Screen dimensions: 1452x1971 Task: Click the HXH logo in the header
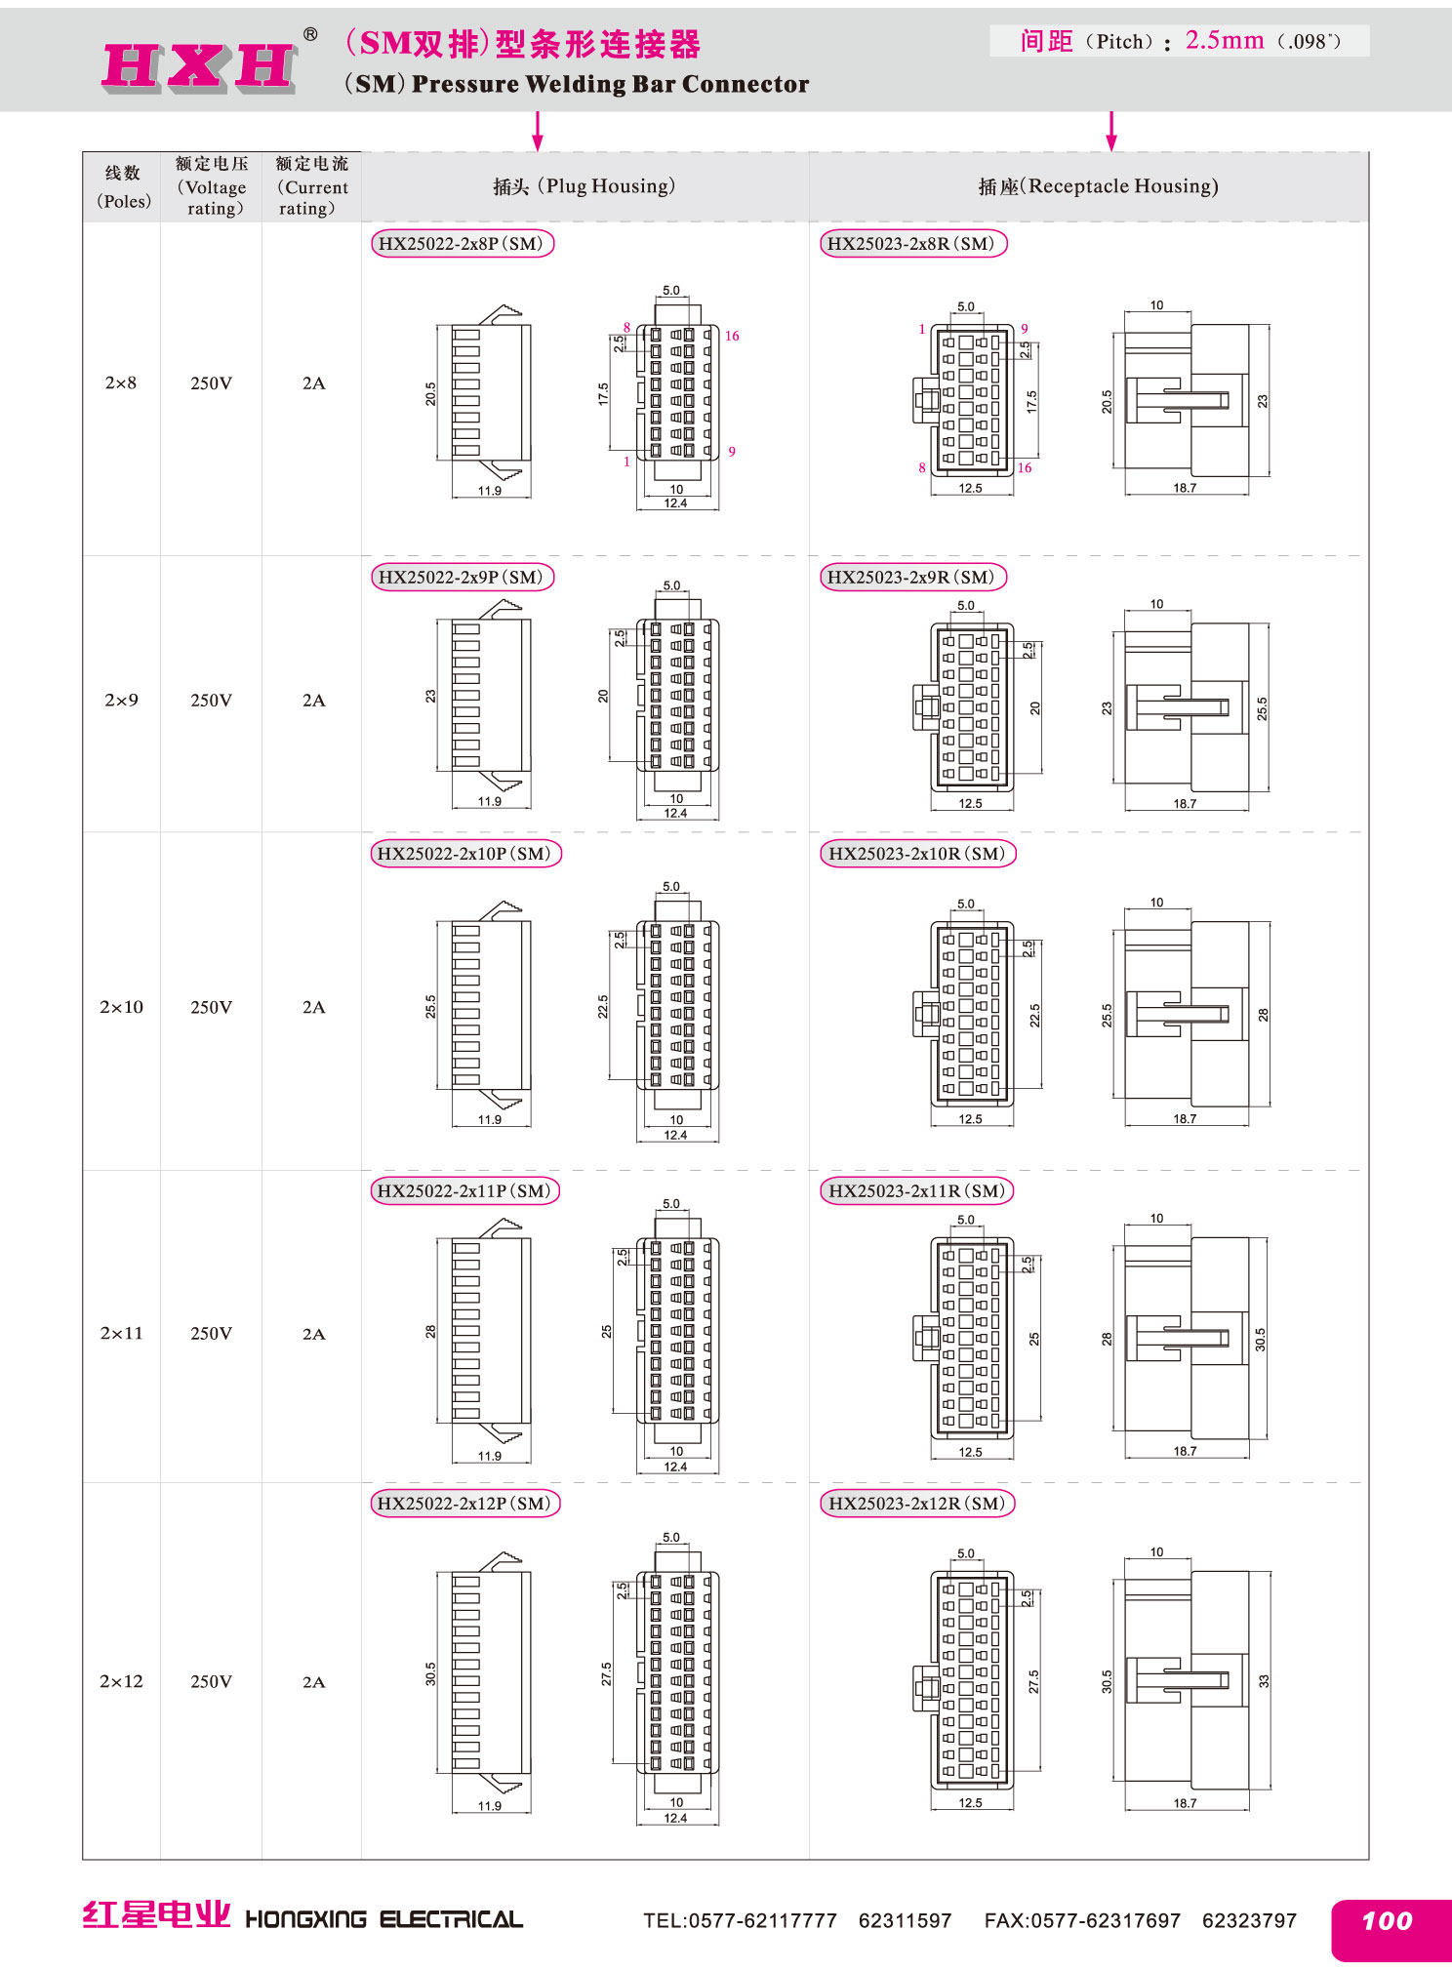[x=199, y=66]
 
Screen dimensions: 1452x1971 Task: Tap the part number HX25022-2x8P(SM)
[x=462, y=244]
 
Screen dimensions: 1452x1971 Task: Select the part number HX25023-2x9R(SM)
[x=912, y=577]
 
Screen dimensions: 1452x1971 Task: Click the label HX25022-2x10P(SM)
[x=465, y=854]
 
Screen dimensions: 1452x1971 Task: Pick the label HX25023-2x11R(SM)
[x=917, y=1190]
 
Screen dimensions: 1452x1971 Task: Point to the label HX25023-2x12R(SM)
[x=917, y=1504]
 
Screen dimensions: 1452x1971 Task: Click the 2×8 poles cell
[x=121, y=383]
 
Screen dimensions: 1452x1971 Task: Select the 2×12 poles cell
[x=121, y=1681]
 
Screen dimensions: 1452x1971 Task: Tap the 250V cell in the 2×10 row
[x=211, y=1007]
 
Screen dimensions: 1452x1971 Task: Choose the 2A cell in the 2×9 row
[x=313, y=701]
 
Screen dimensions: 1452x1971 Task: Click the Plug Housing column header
[x=584, y=186]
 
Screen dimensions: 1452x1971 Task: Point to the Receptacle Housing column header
[x=1098, y=186]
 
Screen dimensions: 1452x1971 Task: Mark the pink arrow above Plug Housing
[x=537, y=131]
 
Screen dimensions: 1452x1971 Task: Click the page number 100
[x=1387, y=1921]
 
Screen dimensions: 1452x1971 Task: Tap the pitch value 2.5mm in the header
[x=1225, y=40]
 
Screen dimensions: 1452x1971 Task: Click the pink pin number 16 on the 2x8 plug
[x=732, y=336]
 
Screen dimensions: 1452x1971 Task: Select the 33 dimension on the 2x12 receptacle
[x=1264, y=1681]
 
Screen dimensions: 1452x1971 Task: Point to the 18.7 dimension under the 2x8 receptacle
[x=1185, y=488]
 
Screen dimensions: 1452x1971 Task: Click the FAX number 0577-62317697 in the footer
[x=1082, y=1921]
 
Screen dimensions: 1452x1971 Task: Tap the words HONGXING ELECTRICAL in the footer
[x=383, y=1920]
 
